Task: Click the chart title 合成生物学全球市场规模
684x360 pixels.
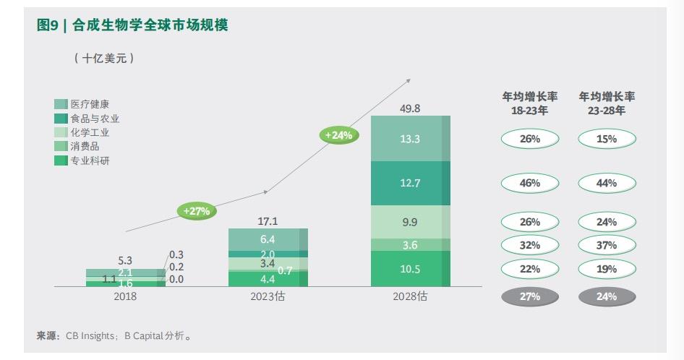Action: point(150,25)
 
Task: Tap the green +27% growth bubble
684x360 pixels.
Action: point(196,211)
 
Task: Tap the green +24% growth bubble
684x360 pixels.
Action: point(338,135)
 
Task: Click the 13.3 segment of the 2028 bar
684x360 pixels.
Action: point(410,139)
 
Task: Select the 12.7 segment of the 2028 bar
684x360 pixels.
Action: point(410,183)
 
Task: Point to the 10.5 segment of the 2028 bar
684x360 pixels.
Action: point(410,268)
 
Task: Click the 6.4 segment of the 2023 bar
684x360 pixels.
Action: point(268,239)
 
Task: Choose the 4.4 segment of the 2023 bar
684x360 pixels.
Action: point(268,279)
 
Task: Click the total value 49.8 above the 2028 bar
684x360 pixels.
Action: point(409,108)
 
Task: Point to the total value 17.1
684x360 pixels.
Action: point(268,221)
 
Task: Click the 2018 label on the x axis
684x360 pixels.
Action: point(125,296)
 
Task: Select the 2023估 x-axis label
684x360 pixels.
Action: point(268,296)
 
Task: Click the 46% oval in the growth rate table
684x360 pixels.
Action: point(530,183)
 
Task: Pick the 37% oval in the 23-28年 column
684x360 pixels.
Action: point(607,245)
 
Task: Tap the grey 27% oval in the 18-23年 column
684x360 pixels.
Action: point(530,296)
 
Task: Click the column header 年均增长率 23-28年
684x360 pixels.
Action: point(607,103)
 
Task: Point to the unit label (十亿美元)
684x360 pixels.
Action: point(105,59)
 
